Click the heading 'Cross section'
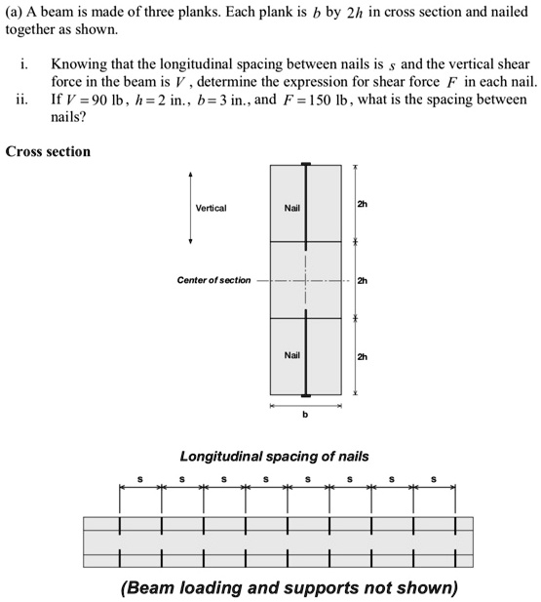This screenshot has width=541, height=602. tap(48, 151)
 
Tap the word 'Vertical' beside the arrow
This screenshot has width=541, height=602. tap(211, 208)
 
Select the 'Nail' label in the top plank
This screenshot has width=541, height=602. tap(291, 208)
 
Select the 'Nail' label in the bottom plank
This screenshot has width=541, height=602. tap(291, 355)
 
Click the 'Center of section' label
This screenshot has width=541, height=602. tap(213, 280)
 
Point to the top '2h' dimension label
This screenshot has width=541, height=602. tap(363, 205)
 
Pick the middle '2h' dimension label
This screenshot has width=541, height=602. tap(363, 281)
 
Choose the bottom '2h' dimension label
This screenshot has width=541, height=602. tap(363, 356)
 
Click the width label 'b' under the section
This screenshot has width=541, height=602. tap(305, 415)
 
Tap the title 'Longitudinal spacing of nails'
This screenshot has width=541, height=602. tap(274, 456)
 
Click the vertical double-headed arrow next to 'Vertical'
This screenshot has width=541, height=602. tap(191, 208)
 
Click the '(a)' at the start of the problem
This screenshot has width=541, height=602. tap(15, 11)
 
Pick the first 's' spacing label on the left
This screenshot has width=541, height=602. tap(140, 479)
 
